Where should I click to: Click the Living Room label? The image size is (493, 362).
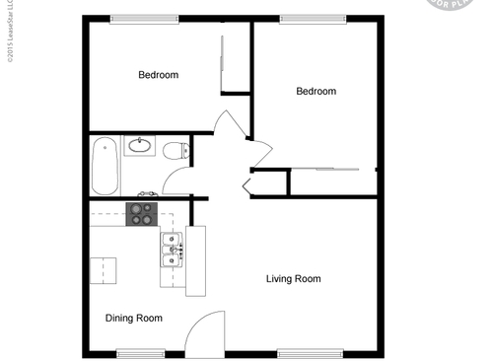click(x=293, y=279)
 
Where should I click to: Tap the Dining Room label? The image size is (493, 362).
click(x=133, y=318)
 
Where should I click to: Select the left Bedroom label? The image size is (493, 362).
click(x=158, y=75)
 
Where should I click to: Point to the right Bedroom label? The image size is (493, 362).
click(x=316, y=92)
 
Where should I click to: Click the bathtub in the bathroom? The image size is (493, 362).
click(x=105, y=166)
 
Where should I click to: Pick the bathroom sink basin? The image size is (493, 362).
click(x=140, y=146)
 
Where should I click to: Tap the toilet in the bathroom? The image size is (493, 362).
click(x=176, y=151)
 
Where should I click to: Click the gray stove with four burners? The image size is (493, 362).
click(x=141, y=214)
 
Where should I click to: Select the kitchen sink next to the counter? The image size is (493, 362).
click(x=172, y=252)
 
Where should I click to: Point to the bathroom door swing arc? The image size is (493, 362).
click(x=176, y=181)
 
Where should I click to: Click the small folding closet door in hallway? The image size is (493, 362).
click(x=246, y=184)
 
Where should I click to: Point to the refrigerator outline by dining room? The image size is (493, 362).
click(x=104, y=269)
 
